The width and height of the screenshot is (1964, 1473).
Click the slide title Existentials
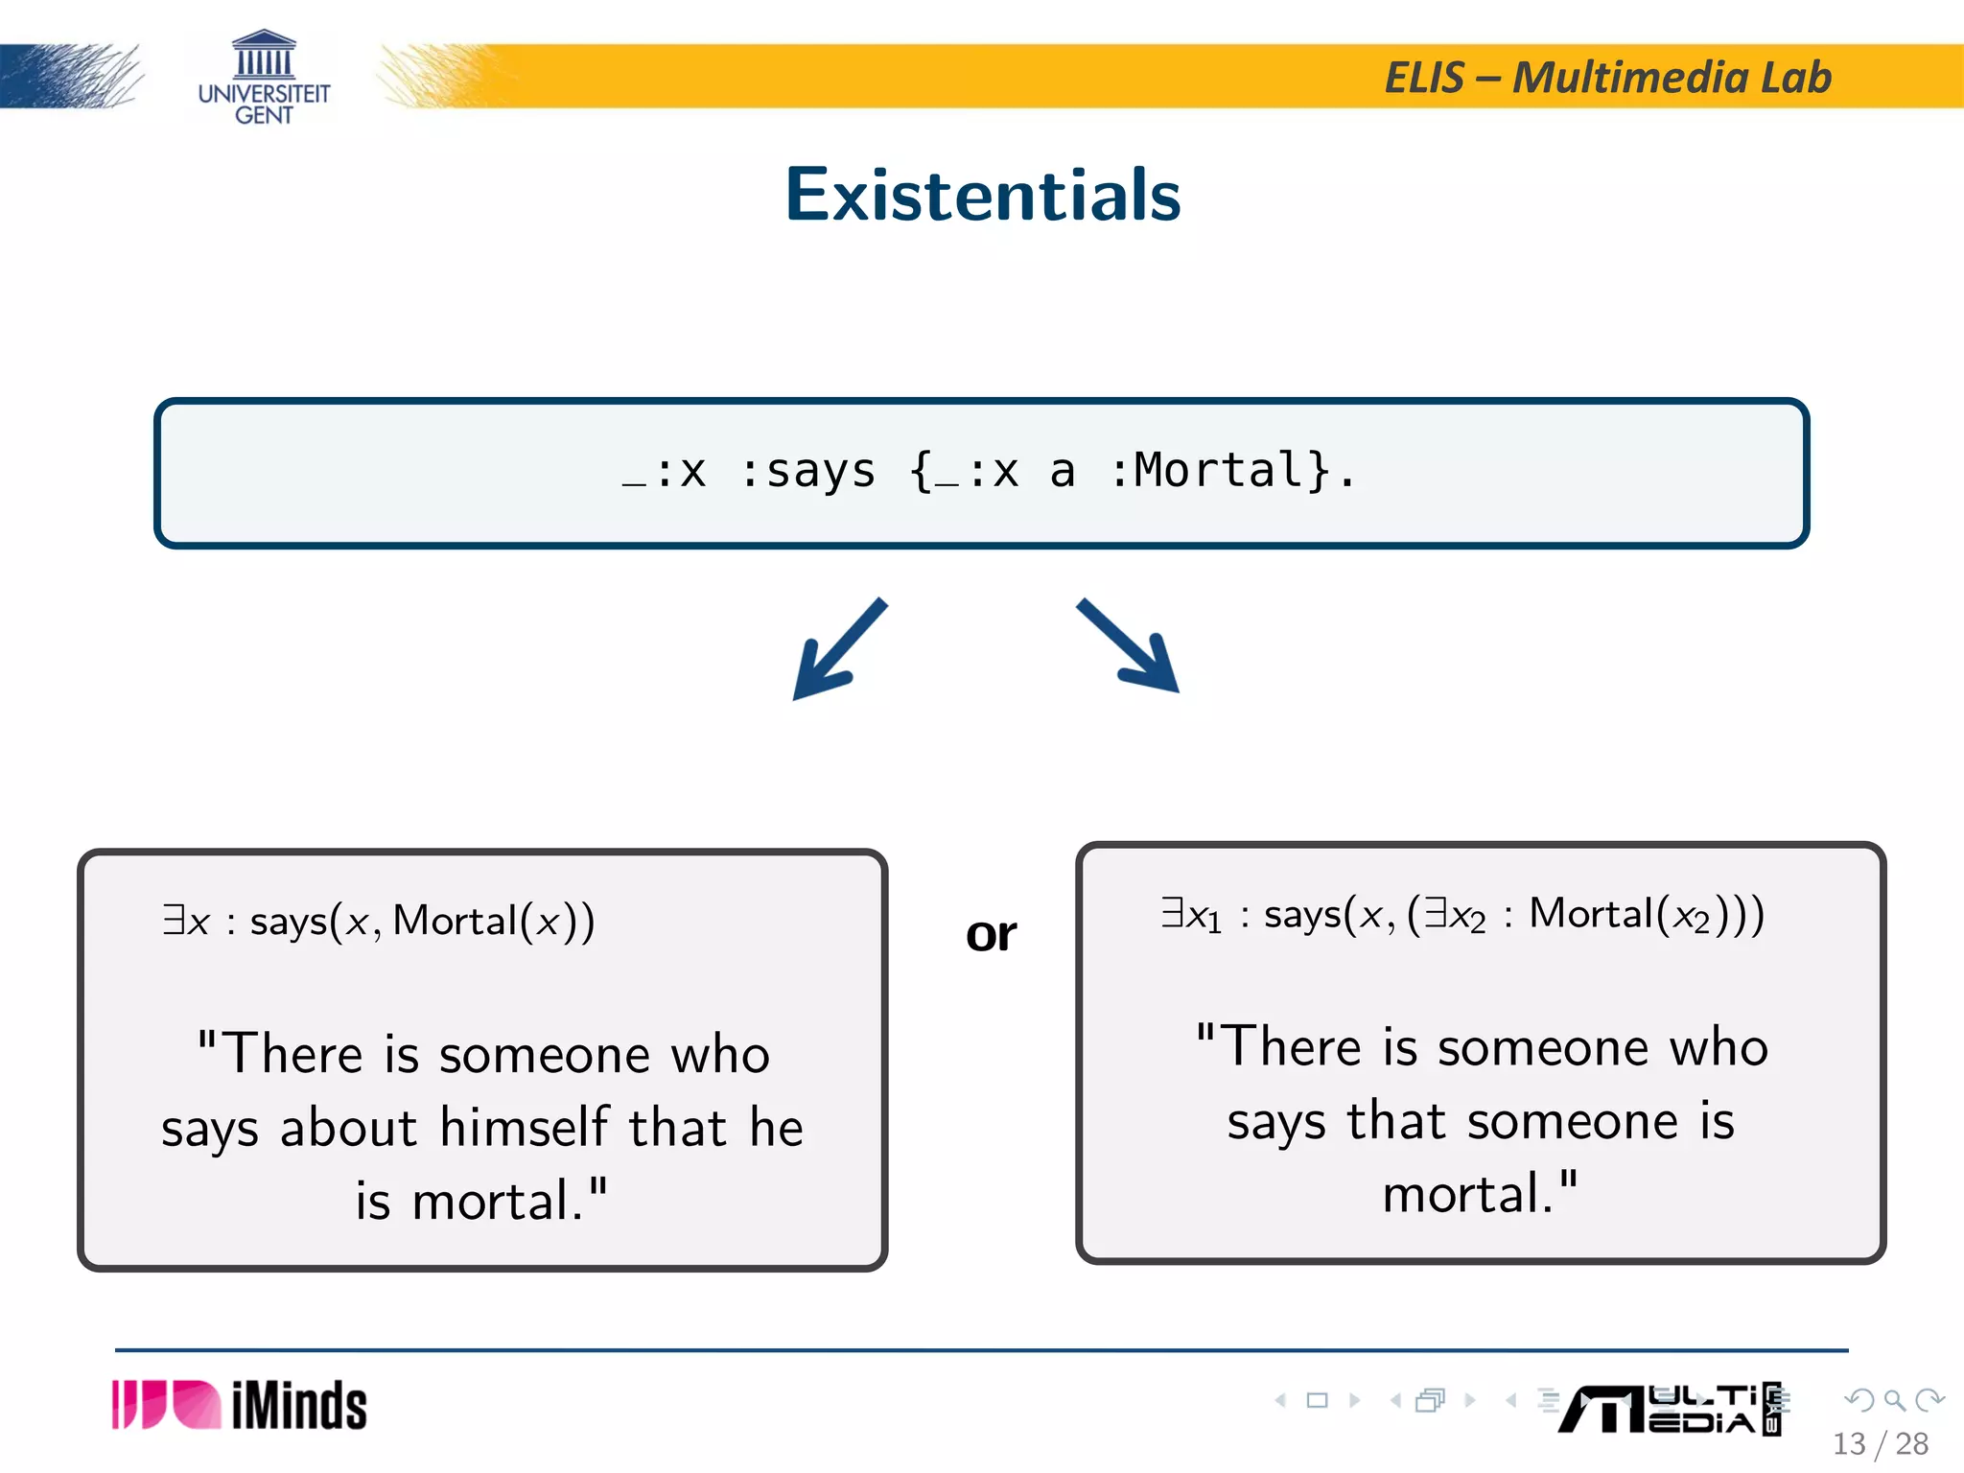point(982,195)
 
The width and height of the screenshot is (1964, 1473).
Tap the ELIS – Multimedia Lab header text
point(1607,78)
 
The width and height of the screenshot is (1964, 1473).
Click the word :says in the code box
point(808,471)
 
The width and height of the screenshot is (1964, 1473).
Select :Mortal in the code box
point(1219,471)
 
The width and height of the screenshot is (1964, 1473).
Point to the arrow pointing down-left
point(837,650)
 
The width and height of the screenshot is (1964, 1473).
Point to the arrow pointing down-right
point(1130,645)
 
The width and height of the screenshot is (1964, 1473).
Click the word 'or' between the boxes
point(991,933)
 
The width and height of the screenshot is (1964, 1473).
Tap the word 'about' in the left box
point(348,1127)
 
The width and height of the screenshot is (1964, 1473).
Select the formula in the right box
point(1462,914)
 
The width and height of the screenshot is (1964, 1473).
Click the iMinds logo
point(240,1406)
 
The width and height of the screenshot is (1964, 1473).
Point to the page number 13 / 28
point(1880,1444)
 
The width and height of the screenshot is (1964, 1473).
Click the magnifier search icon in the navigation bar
point(1894,1400)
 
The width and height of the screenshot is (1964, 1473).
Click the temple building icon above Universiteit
point(264,54)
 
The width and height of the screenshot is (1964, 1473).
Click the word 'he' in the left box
point(776,1127)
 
